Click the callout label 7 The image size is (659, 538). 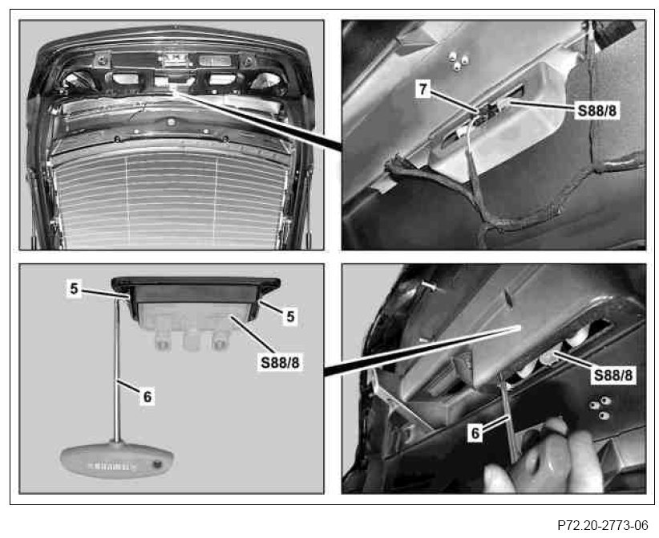tap(422, 89)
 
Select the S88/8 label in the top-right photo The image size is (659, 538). tap(596, 111)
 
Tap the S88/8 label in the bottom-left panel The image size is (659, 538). tap(280, 362)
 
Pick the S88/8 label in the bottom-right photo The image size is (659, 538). tap(613, 375)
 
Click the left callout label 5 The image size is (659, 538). tap(74, 289)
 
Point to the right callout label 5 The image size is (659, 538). tap(290, 316)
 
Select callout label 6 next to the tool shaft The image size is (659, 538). tap(147, 397)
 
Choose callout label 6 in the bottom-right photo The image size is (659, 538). tap(475, 433)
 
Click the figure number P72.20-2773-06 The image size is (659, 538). tap(603, 525)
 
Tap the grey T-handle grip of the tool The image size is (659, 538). tap(116, 459)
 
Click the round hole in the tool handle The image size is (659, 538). tap(158, 464)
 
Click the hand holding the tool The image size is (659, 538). tap(547, 457)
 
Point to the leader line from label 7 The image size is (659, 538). tap(455, 102)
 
